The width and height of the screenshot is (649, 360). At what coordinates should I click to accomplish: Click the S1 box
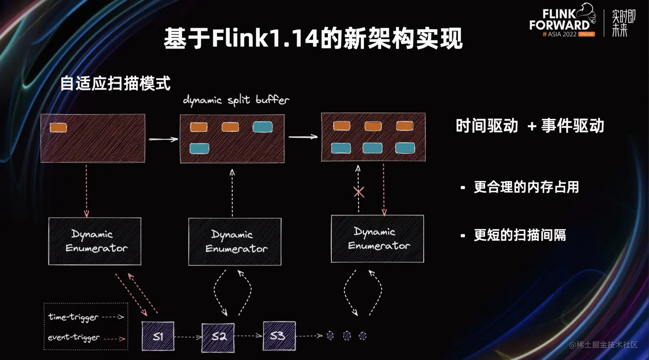(x=158, y=336)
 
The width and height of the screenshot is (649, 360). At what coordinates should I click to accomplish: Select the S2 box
(x=218, y=336)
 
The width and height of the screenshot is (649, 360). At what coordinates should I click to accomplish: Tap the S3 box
(x=279, y=335)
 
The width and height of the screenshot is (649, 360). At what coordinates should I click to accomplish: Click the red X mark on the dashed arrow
(x=359, y=192)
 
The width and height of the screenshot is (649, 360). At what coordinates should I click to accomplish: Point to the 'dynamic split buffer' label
(x=236, y=100)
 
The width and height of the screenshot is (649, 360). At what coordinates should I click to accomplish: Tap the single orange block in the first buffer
(x=58, y=127)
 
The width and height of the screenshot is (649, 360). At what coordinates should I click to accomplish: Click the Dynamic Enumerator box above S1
(x=94, y=241)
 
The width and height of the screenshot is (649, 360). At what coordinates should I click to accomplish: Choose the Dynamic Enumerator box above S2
(x=235, y=242)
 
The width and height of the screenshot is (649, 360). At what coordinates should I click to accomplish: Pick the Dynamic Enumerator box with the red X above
(x=377, y=239)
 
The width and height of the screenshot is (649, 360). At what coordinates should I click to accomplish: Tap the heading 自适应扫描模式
(x=115, y=83)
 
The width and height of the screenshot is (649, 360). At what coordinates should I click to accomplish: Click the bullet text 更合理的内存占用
(x=526, y=187)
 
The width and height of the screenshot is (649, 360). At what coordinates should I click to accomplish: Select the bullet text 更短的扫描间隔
(x=520, y=235)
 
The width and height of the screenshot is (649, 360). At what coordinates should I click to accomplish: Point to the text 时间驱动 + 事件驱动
(x=530, y=126)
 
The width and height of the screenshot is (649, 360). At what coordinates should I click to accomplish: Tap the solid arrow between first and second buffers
(x=163, y=139)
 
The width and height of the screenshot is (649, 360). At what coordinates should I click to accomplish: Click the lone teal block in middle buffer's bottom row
(x=199, y=148)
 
